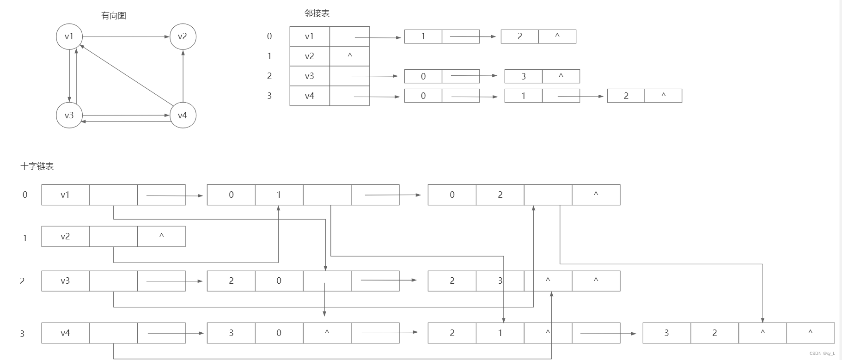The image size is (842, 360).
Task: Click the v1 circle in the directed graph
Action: tap(69, 37)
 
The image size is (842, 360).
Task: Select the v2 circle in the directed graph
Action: tap(183, 37)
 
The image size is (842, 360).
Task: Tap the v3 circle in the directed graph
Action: tap(69, 115)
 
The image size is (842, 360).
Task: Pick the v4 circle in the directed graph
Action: tap(183, 115)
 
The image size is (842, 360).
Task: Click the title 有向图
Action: tap(114, 16)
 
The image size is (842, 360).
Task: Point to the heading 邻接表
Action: tap(317, 13)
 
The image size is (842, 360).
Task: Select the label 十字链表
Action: tap(37, 166)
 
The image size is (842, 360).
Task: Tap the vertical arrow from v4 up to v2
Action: tap(183, 76)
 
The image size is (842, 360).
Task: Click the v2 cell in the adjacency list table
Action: tap(310, 56)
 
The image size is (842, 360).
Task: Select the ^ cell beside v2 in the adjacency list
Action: tap(350, 56)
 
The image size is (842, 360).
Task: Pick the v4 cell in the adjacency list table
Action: tap(310, 96)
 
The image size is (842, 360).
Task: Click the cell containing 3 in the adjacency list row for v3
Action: tap(524, 76)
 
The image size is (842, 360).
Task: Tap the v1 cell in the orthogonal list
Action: tap(65, 195)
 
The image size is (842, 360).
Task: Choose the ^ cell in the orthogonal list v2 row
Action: tap(161, 236)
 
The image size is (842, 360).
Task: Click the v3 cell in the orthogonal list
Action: tap(65, 281)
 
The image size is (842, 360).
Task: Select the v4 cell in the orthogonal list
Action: tap(65, 333)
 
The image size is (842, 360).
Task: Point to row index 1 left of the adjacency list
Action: tap(269, 56)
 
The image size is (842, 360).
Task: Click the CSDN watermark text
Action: tap(822, 354)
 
